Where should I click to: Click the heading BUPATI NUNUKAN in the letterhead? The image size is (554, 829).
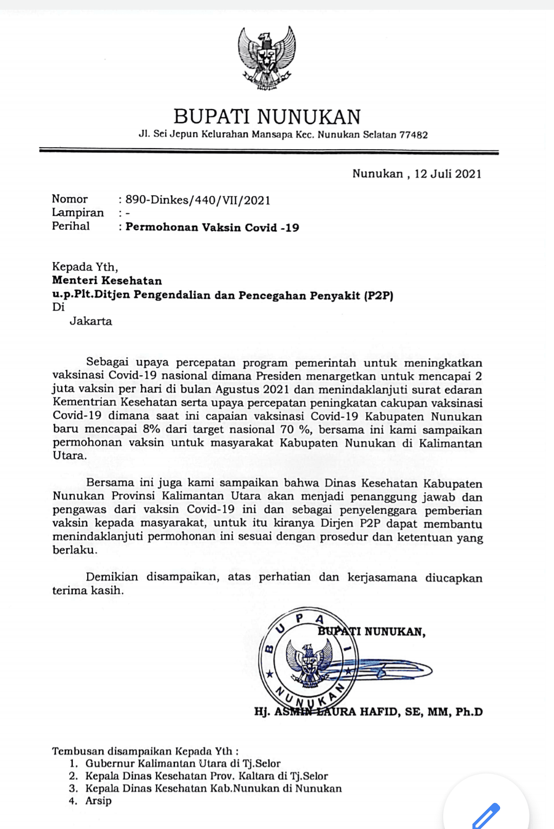[267, 117]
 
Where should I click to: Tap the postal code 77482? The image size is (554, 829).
[413, 135]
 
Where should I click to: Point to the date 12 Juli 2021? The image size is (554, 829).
[448, 174]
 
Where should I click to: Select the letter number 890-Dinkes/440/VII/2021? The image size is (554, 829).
[198, 200]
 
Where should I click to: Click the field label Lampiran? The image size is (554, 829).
[77, 212]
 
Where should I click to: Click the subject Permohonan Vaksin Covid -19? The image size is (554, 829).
[212, 227]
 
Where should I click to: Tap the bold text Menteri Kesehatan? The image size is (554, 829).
[107, 280]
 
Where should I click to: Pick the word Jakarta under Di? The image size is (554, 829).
[91, 321]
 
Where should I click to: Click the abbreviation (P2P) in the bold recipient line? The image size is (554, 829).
[379, 295]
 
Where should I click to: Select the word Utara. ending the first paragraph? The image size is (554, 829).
[70, 456]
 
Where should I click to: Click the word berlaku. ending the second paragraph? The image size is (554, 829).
[75, 550]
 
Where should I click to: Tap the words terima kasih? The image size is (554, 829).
[88, 591]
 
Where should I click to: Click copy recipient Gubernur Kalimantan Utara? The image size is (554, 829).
[183, 763]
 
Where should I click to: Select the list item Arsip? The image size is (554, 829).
[98, 801]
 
